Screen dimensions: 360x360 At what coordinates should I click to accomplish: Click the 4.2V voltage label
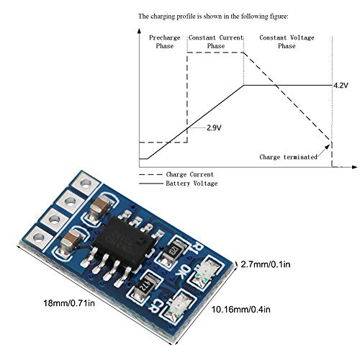pos(341,86)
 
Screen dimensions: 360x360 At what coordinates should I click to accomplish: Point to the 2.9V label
pos(213,127)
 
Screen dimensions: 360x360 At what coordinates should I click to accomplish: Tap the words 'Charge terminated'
pos(285,156)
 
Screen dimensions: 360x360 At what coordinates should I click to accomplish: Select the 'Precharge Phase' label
pos(163,41)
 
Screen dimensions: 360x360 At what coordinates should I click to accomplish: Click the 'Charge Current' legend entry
pos(189,174)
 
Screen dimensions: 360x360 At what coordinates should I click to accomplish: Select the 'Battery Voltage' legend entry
pos(192,184)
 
